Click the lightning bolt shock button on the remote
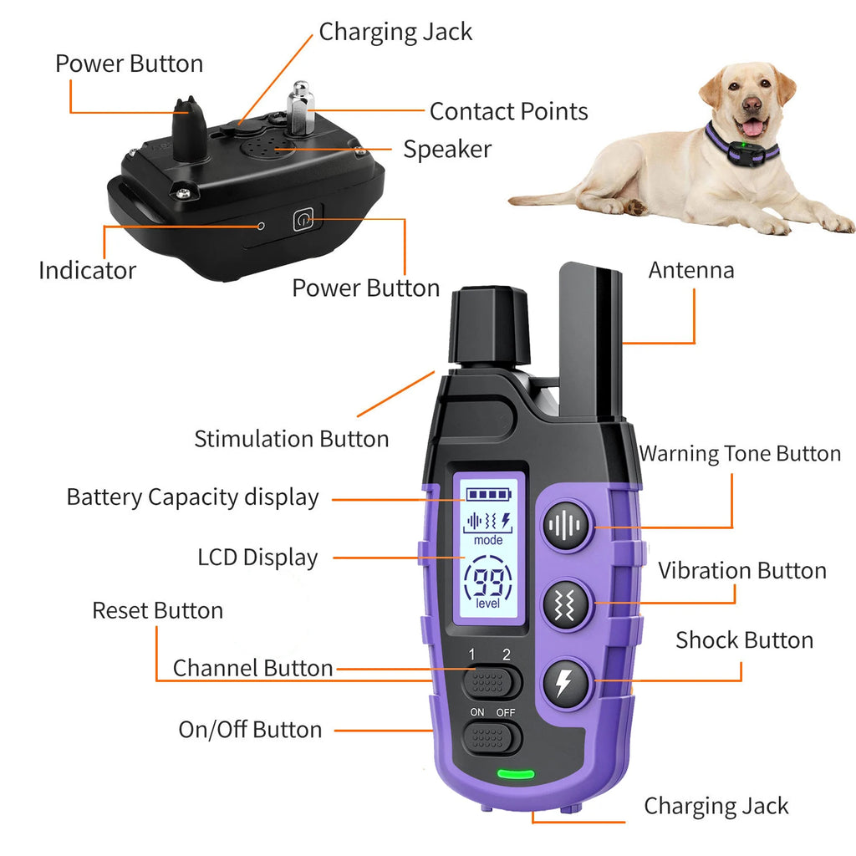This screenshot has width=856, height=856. pyautogui.click(x=566, y=683)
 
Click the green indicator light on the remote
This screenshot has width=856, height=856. pyautogui.click(x=516, y=774)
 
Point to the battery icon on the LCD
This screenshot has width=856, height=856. pyautogui.click(x=489, y=495)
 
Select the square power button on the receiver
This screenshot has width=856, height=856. pyautogui.click(x=303, y=221)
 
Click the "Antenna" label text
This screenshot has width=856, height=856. pyautogui.click(x=691, y=270)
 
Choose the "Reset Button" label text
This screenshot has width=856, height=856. pyautogui.click(x=157, y=610)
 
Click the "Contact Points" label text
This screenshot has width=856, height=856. pyautogui.click(x=508, y=111)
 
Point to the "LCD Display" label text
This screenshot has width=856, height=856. pyautogui.click(x=257, y=558)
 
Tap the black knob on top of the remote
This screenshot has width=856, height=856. pyautogui.click(x=490, y=326)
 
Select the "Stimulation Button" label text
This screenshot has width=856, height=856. pyautogui.click(x=291, y=439)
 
